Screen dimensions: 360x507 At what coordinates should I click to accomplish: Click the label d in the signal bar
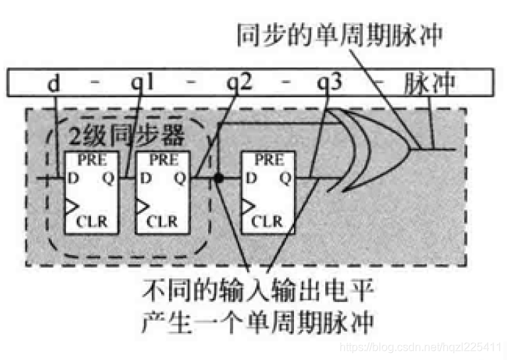coord(54,85)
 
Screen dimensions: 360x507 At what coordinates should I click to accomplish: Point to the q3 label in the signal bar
coord(331,85)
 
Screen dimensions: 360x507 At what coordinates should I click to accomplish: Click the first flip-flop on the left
coord(88,191)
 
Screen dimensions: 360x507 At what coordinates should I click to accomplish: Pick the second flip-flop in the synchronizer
coord(162,191)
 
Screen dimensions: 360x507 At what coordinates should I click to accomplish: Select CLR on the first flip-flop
coord(93,221)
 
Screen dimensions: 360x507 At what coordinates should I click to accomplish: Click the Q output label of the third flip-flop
coord(284,178)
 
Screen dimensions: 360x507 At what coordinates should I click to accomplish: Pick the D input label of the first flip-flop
coord(73,178)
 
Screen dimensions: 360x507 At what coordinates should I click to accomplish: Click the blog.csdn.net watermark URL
coord(420,347)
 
